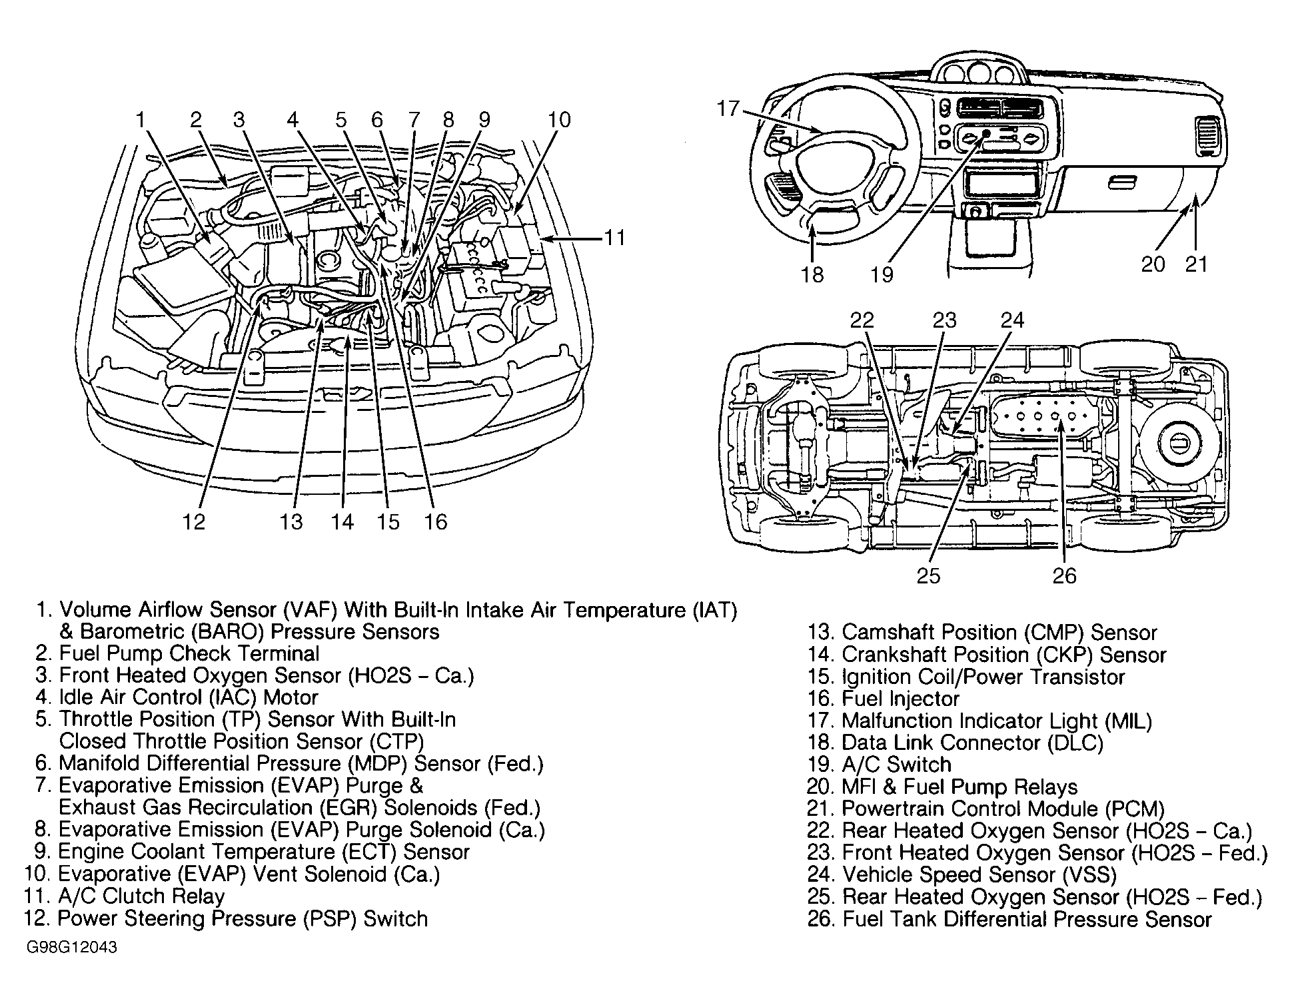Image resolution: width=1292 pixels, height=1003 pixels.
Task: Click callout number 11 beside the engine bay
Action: coord(614,238)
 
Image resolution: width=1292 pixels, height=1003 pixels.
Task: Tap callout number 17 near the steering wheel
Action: coord(728,108)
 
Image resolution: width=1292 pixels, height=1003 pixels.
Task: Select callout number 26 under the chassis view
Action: coord(1064,575)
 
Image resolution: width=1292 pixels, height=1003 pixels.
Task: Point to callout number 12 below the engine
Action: coord(194,521)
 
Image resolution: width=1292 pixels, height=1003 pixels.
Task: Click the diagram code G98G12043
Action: coord(72,948)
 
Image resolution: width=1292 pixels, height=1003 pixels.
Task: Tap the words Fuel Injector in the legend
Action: coord(900,699)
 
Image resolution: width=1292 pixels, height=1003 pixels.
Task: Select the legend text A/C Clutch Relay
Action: coord(141,896)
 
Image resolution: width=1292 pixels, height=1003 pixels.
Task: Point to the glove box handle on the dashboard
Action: coord(1122,182)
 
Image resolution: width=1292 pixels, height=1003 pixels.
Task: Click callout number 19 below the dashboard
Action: coord(882,274)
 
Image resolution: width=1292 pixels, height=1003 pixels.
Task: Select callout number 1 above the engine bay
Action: coord(140,120)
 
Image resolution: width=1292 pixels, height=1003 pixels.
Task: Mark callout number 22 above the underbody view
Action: coord(862,320)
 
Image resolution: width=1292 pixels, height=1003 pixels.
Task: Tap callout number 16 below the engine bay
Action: coord(436,521)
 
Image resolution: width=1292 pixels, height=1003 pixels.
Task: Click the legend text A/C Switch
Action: coord(896,765)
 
